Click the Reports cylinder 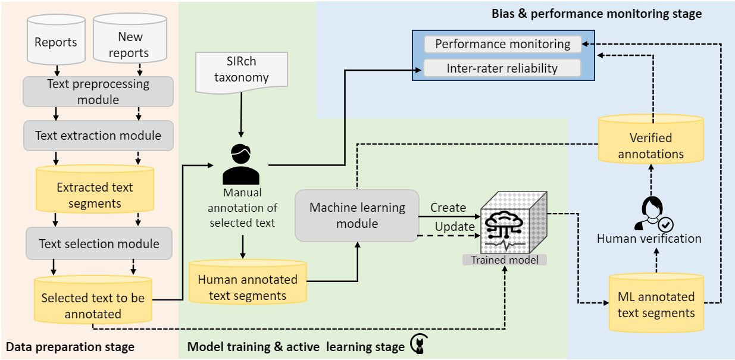(56, 39)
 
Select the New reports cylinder (130, 38)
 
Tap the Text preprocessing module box (98, 92)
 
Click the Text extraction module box (98, 136)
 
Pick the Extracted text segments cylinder (95, 189)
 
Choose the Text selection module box (99, 243)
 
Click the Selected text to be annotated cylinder (93, 300)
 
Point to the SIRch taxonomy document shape (242, 72)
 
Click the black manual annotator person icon (241, 164)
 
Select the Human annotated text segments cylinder (248, 282)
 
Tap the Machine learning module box (357, 215)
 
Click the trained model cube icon (514, 223)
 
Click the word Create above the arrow (448, 208)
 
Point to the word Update (455, 227)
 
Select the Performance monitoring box (503, 44)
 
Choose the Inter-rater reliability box (502, 68)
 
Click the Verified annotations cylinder (651, 139)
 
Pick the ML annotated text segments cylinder (656, 303)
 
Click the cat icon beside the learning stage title (420, 343)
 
